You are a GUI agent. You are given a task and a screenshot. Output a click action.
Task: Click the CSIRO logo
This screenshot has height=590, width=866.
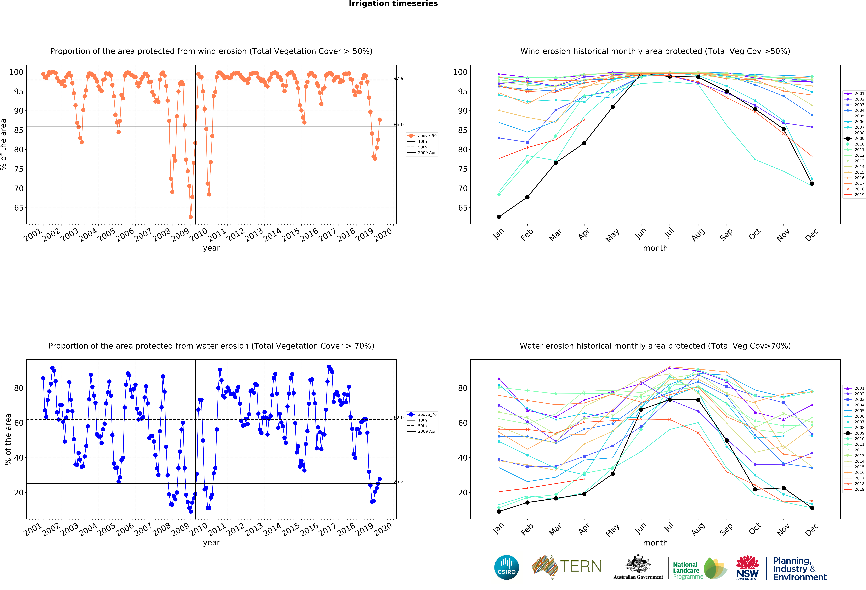506,567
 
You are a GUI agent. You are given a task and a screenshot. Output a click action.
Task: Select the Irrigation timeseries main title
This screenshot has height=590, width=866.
393,4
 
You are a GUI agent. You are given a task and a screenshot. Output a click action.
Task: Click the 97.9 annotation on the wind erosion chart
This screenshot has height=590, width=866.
398,78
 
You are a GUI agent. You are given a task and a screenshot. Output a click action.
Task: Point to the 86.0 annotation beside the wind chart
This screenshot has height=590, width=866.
398,124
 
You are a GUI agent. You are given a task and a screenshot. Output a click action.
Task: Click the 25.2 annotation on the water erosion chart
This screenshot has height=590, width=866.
398,482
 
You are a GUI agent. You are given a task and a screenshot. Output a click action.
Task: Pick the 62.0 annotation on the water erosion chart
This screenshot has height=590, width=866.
398,418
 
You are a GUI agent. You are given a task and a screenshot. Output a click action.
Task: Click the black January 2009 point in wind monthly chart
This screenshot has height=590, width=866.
499,217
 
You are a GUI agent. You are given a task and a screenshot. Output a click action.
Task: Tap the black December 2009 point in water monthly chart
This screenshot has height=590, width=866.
812,508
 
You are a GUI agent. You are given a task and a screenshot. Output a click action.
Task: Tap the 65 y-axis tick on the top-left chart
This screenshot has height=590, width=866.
19,208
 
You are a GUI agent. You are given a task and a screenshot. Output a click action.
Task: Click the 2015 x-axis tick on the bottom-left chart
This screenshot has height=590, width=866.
291,529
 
